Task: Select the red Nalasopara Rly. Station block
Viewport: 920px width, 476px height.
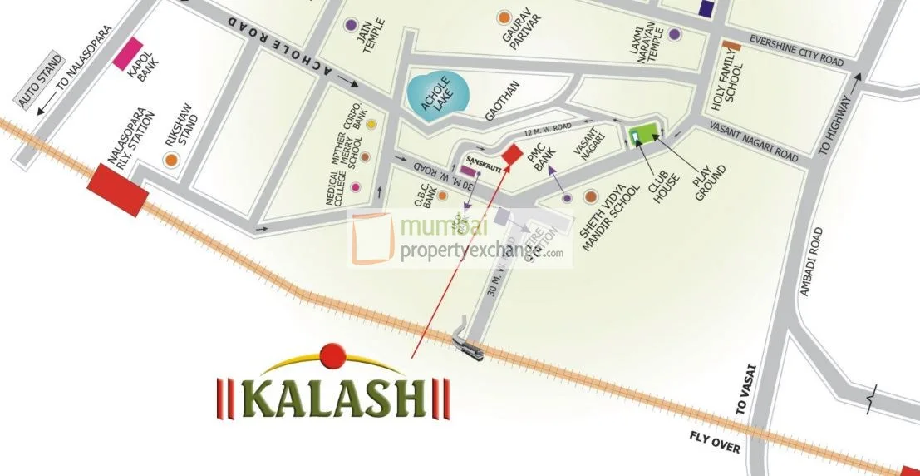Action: coord(118,191)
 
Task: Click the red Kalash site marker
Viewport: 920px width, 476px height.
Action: coord(513,154)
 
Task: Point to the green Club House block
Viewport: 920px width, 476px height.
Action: coord(642,133)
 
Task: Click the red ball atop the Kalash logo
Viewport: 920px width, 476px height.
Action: coord(332,355)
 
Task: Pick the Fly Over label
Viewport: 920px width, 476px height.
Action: coord(715,443)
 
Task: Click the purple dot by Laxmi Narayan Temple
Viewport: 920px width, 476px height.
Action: coord(674,34)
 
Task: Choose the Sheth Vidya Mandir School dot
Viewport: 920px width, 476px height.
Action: coord(591,197)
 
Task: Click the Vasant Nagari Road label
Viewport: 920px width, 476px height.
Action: coord(754,142)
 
